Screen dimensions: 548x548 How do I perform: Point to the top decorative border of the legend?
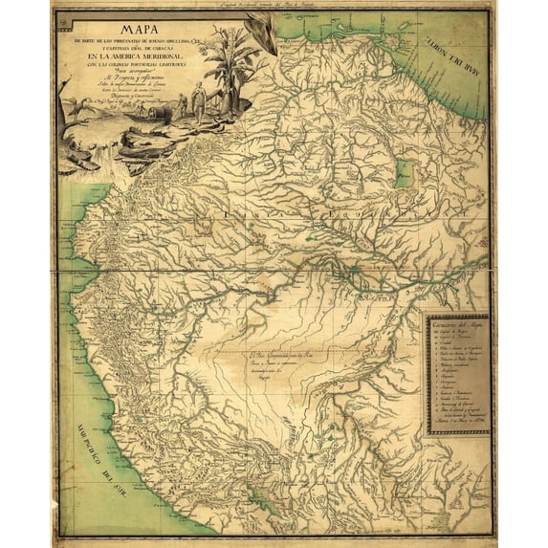pos(456,317)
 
